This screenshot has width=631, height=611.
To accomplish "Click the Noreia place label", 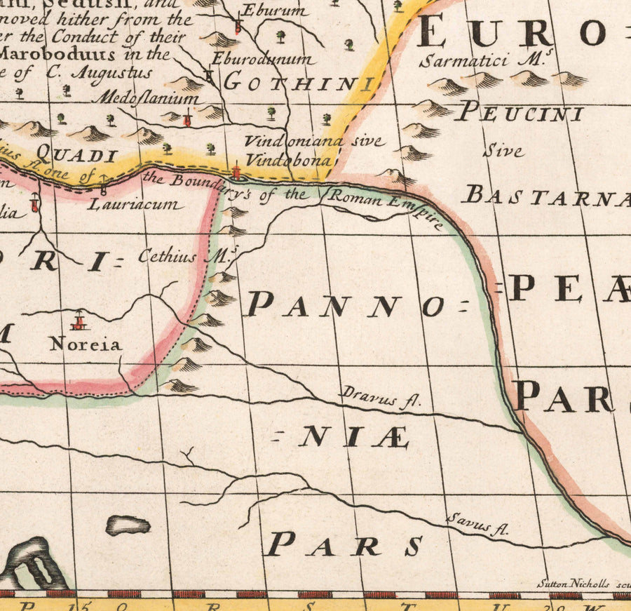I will (x=86, y=344).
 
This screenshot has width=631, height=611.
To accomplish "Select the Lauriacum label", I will (x=136, y=205).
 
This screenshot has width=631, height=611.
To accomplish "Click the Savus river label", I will (x=477, y=524).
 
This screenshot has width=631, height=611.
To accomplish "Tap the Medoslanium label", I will (x=149, y=98).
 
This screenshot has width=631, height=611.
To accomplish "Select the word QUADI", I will (x=75, y=154).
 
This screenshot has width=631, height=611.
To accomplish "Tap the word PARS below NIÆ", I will (x=345, y=544).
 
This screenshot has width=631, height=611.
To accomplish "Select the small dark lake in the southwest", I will (x=128, y=524).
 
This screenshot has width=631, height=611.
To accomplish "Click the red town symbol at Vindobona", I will (x=237, y=170).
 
